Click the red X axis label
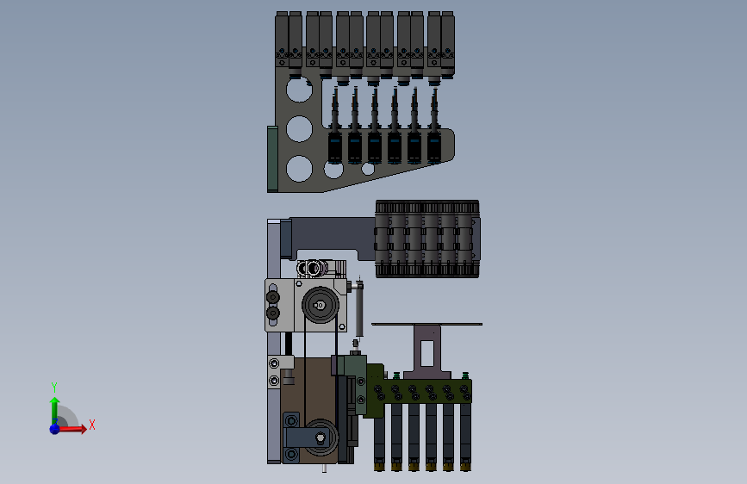click(92, 425)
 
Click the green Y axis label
click(54, 387)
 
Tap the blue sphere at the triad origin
click(55, 429)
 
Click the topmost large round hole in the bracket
click(299, 89)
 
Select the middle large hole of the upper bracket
click(299, 128)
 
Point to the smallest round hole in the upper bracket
click(368, 169)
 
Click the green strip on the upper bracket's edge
click(272, 159)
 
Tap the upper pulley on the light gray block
click(321, 305)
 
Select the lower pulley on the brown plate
click(321, 437)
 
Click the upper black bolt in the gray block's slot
click(272, 297)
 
